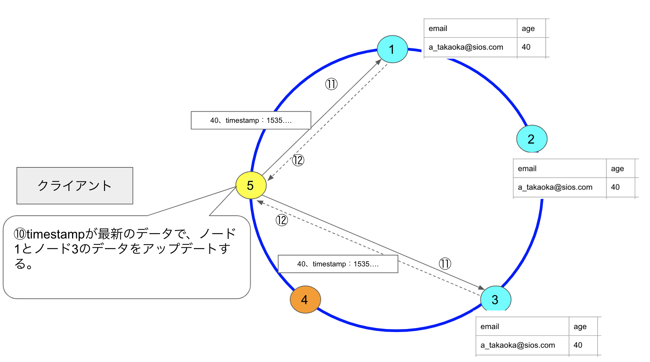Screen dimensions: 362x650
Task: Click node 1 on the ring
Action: click(392, 49)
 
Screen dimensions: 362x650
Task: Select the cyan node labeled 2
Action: click(532, 139)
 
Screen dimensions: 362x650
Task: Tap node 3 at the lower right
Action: click(495, 299)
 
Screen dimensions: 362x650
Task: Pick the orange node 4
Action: click(305, 299)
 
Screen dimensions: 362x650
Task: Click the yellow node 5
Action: click(251, 185)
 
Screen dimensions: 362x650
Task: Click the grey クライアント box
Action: click(75, 186)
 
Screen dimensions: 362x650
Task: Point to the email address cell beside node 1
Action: click(466, 47)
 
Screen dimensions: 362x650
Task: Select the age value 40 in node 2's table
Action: click(615, 187)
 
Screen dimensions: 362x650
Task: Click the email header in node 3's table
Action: click(490, 327)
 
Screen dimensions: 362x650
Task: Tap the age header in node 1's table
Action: click(528, 29)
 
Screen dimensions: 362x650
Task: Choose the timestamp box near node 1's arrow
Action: click(251, 120)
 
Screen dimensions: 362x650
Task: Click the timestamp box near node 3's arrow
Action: click(338, 264)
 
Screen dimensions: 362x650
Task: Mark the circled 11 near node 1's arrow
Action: click(331, 84)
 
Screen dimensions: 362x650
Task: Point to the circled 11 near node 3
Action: click(445, 263)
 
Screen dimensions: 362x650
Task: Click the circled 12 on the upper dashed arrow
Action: click(298, 160)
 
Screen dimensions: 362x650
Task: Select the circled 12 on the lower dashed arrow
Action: click(282, 220)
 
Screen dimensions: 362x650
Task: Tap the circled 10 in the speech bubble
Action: click(20, 234)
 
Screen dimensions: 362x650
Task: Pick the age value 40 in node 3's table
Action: click(578, 345)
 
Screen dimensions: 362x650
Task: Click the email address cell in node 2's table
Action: click(555, 187)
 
